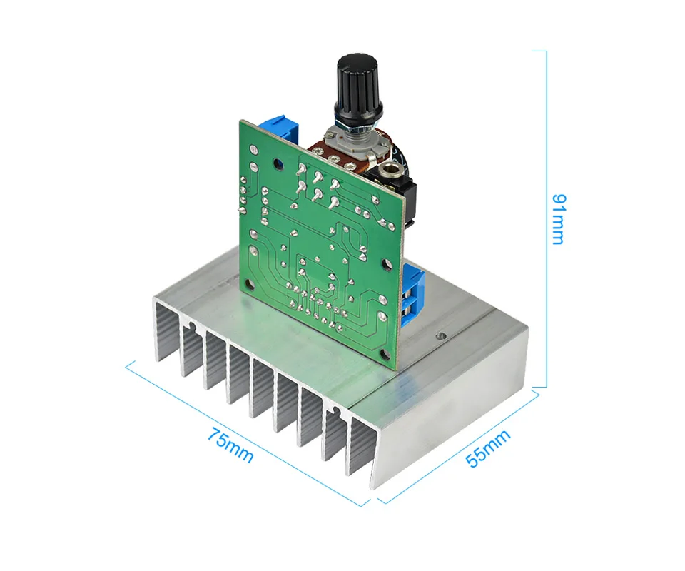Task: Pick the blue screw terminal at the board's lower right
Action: (x=412, y=295)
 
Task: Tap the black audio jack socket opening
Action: (x=387, y=168)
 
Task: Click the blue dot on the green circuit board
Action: (x=276, y=164)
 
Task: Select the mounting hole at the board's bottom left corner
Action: (x=250, y=285)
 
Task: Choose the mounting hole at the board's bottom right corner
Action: (x=385, y=355)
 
